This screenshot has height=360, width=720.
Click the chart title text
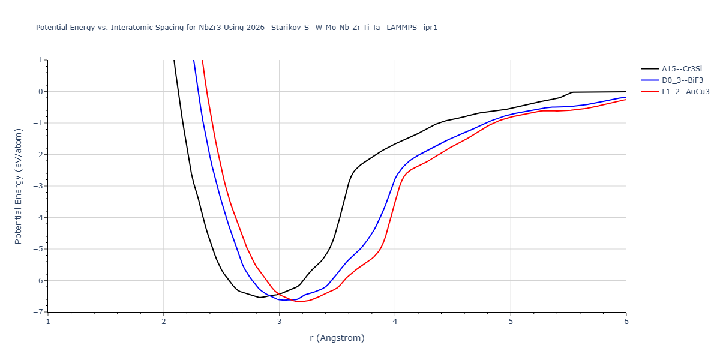click(236, 28)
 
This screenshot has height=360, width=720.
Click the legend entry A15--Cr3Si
click(682, 69)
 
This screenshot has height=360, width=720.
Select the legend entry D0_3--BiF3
click(682, 80)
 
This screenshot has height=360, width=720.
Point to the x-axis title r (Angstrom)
click(337, 338)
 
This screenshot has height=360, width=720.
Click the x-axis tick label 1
click(48, 322)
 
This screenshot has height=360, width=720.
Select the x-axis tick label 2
click(164, 322)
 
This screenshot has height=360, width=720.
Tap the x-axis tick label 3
click(279, 322)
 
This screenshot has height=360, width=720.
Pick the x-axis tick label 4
click(395, 322)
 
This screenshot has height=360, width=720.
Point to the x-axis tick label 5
click(511, 322)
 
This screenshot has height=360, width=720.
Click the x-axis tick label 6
click(626, 322)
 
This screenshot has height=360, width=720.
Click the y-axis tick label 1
click(40, 60)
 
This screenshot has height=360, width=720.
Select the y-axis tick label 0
click(40, 92)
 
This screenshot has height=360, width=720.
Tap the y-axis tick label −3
click(38, 186)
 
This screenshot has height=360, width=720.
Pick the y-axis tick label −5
click(38, 249)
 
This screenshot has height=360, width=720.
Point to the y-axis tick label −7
click(38, 312)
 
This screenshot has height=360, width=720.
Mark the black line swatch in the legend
click(649, 69)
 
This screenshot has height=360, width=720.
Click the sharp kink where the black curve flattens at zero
click(572, 92)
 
